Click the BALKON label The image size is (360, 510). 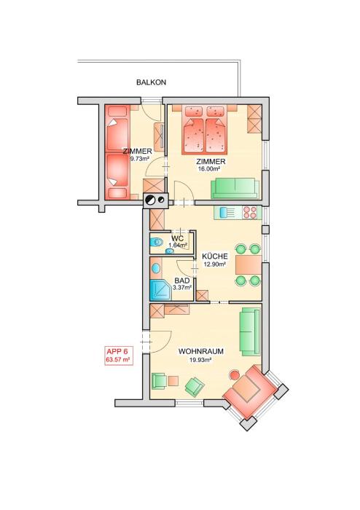tap(151, 82)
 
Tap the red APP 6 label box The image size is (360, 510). tap(119, 356)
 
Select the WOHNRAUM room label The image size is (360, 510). tap(200, 351)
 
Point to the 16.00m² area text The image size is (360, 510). tap(209, 168)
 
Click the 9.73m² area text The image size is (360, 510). tap(139, 158)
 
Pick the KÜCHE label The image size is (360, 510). tap(215, 256)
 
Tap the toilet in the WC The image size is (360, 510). tap(157, 242)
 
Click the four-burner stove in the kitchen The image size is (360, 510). tap(251, 212)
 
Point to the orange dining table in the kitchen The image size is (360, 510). tap(249, 264)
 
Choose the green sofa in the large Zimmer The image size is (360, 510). tap(236, 188)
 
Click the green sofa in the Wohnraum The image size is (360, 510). tap(250, 332)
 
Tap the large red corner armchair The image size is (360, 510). tap(250, 391)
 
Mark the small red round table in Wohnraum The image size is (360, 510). tap(235, 374)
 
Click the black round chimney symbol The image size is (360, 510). tap(151, 200)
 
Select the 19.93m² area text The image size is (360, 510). tap(200, 359)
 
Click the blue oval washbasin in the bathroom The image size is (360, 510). tap(156, 268)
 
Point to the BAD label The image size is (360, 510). tap(181, 280)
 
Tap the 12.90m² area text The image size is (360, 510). tap(215, 264)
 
